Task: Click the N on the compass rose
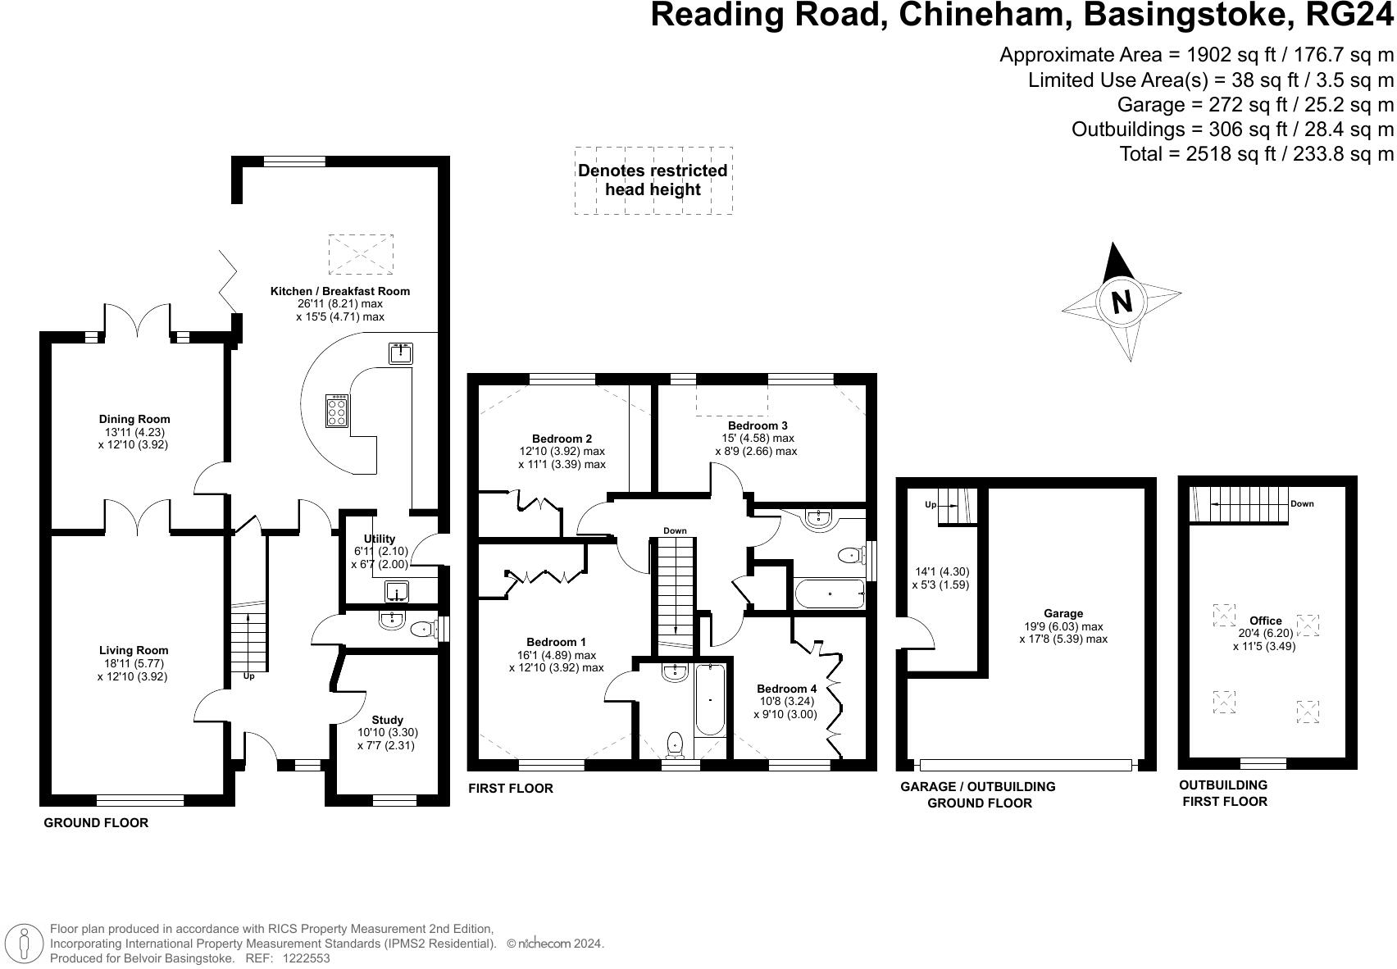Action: [x=1121, y=301]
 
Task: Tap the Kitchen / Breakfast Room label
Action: [x=340, y=291]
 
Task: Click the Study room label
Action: [x=387, y=720]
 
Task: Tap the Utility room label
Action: [x=380, y=539]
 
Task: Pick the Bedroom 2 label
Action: [x=562, y=439]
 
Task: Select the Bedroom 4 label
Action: [x=786, y=689]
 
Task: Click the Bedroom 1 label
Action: [x=556, y=642]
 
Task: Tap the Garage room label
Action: [x=1063, y=613]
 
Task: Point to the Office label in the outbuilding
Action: [x=1265, y=621]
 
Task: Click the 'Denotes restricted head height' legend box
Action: [x=653, y=180]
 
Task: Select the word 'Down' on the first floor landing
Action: [x=675, y=530]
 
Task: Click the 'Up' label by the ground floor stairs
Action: [x=248, y=676]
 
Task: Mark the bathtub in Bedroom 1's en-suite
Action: [x=710, y=700]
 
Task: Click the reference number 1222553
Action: [x=306, y=958]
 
